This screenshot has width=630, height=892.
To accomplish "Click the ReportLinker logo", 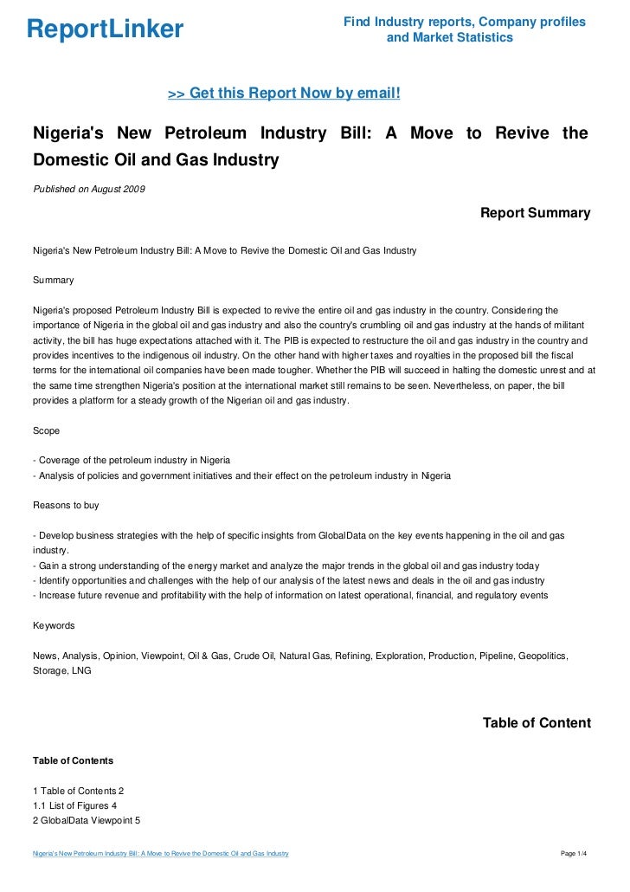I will point(105,30).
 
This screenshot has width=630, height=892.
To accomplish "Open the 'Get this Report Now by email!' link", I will point(283,94).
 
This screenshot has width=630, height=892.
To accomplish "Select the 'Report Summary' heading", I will point(535,213).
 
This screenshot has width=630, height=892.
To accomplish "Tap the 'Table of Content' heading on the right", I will point(537,723).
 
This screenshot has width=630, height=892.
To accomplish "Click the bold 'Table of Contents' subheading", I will point(73,760).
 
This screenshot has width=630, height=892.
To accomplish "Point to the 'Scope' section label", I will point(46,430).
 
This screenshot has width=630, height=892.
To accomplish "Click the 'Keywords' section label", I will point(54,625).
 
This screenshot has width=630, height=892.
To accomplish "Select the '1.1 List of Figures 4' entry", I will point(74,805).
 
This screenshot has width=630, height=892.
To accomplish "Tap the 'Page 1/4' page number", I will point(574,854).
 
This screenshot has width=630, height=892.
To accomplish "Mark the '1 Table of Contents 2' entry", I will point(78,791).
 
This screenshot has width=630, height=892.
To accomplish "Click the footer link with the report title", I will point(160,854).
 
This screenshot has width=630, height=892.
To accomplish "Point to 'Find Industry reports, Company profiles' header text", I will point(464,21).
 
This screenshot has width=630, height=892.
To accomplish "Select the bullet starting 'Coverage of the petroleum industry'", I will point(131,460).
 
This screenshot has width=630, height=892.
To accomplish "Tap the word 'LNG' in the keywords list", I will point(80,669).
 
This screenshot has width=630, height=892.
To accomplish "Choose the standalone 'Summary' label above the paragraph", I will point(53,280).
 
